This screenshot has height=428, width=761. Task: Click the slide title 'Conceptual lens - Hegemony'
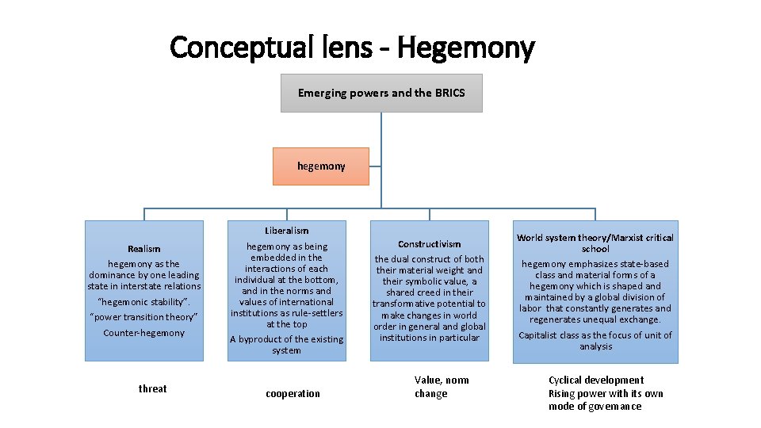click(352, 48)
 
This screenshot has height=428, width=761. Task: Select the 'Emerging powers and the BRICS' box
click(381, 93)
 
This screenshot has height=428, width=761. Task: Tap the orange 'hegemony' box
click(321, 166)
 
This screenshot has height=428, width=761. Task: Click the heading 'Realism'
click(143, 249)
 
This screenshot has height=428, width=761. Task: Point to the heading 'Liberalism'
click(286, 231)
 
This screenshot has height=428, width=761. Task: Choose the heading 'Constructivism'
click(429, 244)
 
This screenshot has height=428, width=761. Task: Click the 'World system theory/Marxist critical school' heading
click(595, 243)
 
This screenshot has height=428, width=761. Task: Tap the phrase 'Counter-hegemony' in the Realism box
click(143, 333)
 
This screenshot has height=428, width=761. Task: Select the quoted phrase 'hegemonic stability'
click(143, 302)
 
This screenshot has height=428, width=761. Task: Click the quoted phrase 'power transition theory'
click(143, 317)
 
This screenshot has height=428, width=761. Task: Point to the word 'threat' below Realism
click(152, 388)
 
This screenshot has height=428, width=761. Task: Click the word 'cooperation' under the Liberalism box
click(293, 394)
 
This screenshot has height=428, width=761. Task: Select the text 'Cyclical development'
click(596, 380)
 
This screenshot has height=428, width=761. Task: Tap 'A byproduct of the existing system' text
click(286, 345)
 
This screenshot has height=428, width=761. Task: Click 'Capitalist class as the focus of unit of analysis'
click(595, 341)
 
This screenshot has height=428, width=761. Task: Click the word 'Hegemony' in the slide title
click(466, 48)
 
